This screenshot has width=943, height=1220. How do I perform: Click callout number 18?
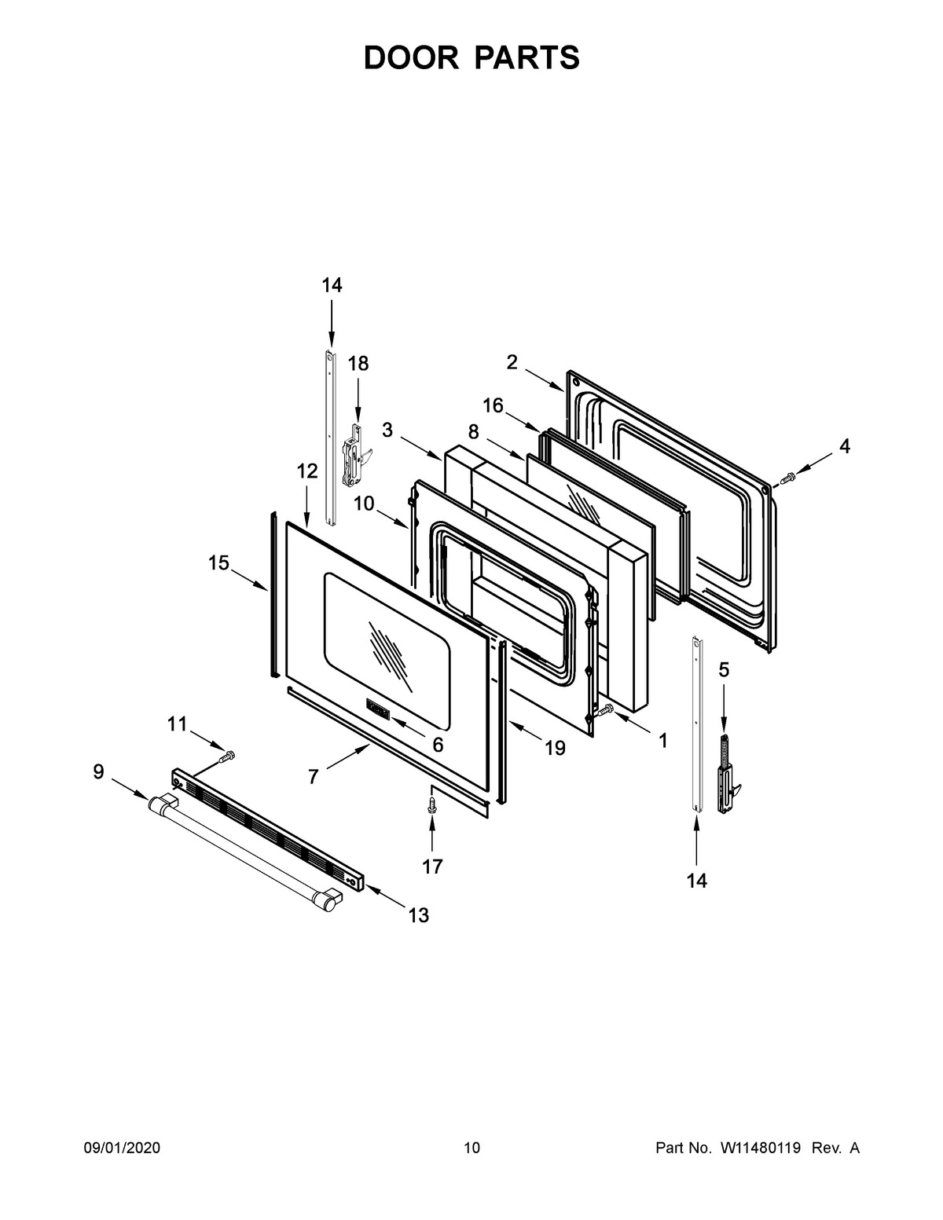(x=358, y=363)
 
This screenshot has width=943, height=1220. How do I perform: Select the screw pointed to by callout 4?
(x=787, y=478)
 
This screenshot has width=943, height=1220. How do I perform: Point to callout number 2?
(x=512, y=361)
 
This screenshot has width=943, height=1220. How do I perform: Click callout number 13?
(x=419, y=914)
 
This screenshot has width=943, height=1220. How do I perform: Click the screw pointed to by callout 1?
(x=606, y=710)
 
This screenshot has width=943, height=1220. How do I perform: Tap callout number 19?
(x=555, y=748)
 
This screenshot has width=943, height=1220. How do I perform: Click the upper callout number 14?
(x=332, y=285)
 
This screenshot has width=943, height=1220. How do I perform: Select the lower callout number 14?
(x=696, y=881)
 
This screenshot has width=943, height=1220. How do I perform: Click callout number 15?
(x=218, y=562)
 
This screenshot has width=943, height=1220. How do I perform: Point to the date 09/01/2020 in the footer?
(x=122, y=1149)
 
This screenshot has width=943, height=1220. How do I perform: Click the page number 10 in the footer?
(x=472, y=1149)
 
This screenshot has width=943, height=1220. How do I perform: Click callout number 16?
(x=493, y=405)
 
